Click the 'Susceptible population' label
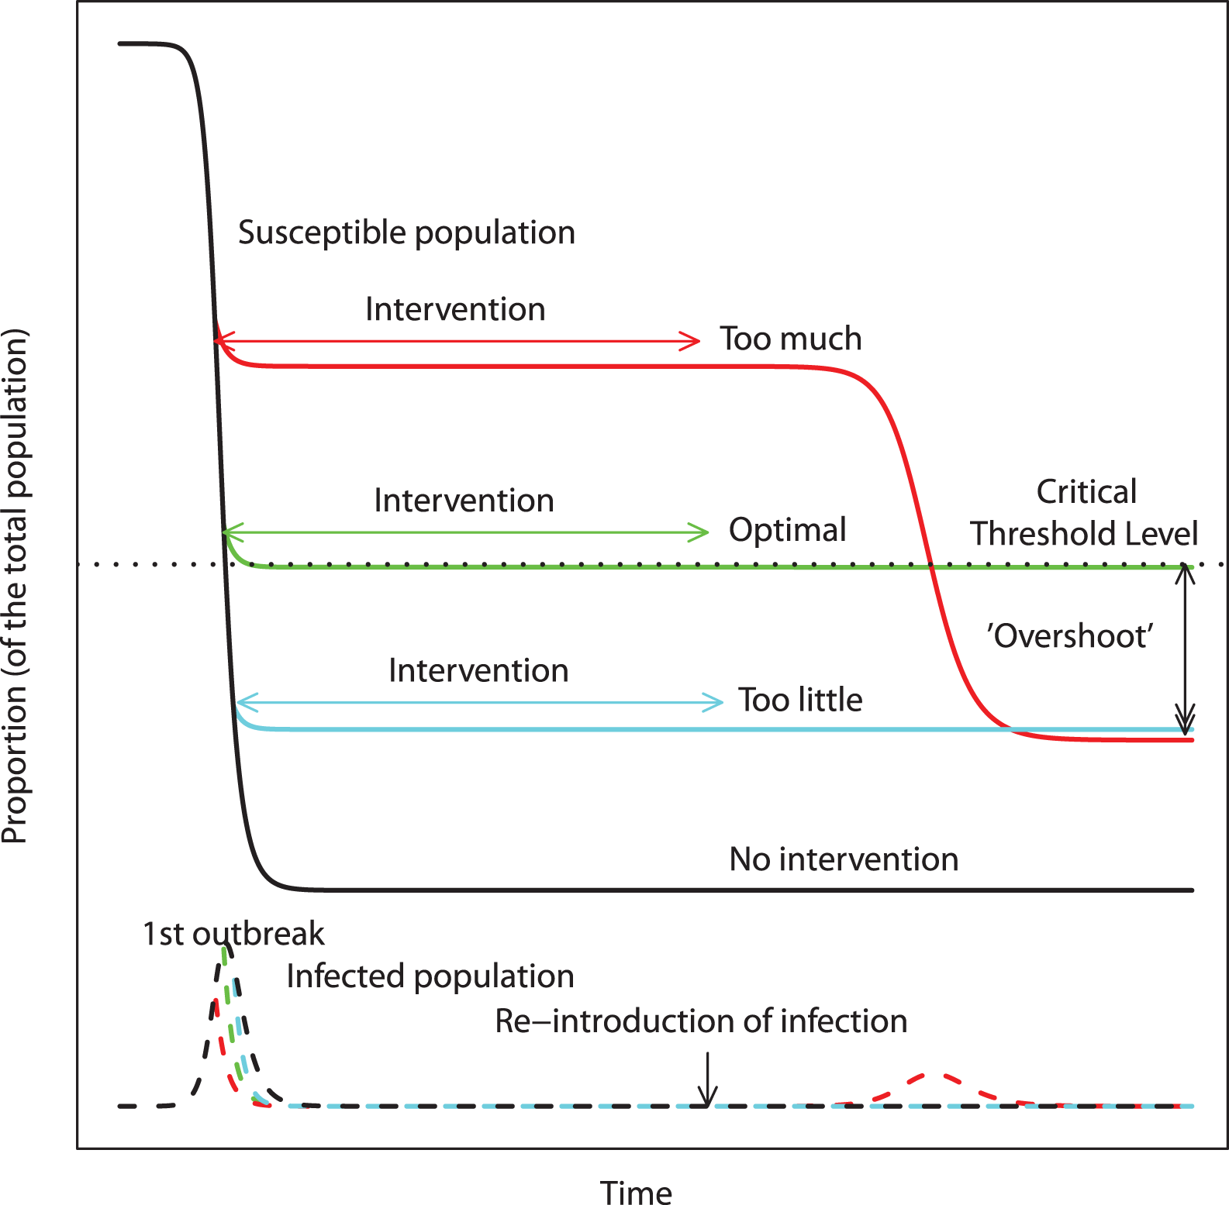pos(406,232)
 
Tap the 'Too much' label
pos(790,339)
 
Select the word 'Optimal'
pos(787,530)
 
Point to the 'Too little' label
pos(799,700)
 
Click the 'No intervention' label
pos(844,859)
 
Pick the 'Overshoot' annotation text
pos(1070,635)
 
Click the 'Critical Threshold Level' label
pos(1084,513)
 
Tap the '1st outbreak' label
pos(233,934)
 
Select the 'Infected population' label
pos(430,976)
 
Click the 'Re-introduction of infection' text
pos(701,1021)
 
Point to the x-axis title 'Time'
pos(636,1193)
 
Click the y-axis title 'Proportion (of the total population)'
pos(16,586)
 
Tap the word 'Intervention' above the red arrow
pos(455,309)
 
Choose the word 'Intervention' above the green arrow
pos(464,501)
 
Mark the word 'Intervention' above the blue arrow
pos(478,670)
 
